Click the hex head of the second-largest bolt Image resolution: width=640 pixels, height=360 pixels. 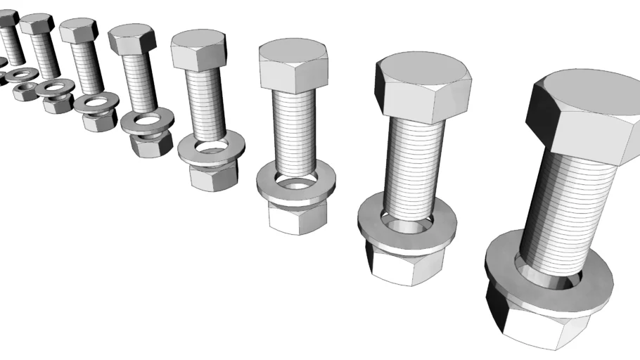pos(422,88)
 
